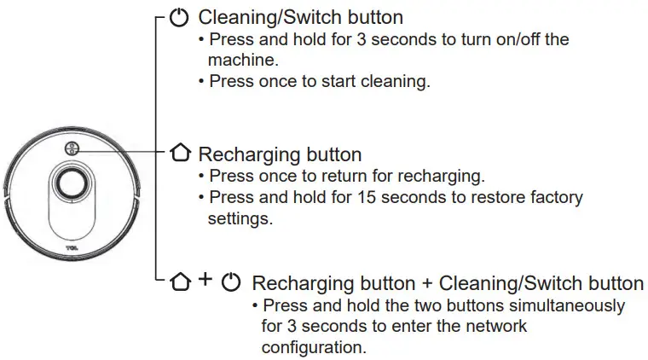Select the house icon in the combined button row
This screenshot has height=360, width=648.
coord(179,282)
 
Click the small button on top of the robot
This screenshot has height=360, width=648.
coord(71,148)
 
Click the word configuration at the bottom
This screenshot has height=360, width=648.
coord(314,349)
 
